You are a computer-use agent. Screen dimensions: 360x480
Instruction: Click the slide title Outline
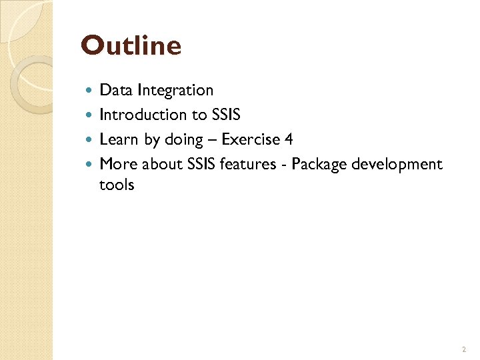131,46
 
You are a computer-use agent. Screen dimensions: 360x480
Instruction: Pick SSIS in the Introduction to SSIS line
225,115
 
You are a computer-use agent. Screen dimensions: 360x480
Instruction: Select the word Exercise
251,139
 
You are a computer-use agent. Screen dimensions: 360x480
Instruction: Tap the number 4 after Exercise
289,139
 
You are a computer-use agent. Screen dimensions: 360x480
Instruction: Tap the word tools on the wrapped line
117,185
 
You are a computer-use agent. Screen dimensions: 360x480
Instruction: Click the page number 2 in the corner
463,349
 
